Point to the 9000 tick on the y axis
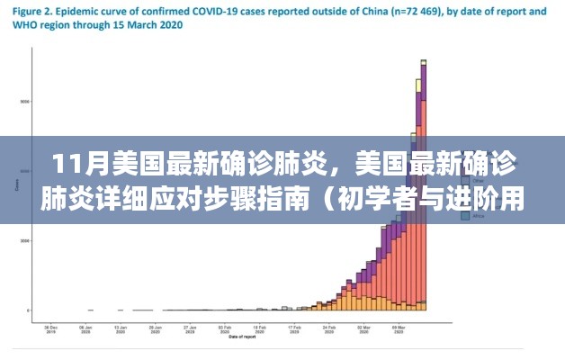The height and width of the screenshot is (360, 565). pyautogui.click(x=25, y=102)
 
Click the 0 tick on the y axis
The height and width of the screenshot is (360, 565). pyautogui.click(x=28, y=310)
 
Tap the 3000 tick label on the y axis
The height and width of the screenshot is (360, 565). pyautogui.click(x=25, y=241)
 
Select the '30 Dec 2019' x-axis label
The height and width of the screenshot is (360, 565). pyautogui.click(x=52, y=329)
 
